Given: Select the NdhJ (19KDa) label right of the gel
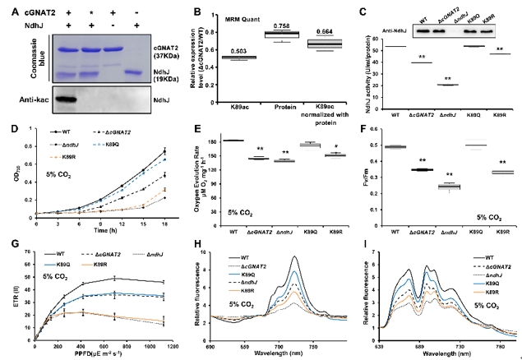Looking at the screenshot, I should (x=150, y=72).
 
